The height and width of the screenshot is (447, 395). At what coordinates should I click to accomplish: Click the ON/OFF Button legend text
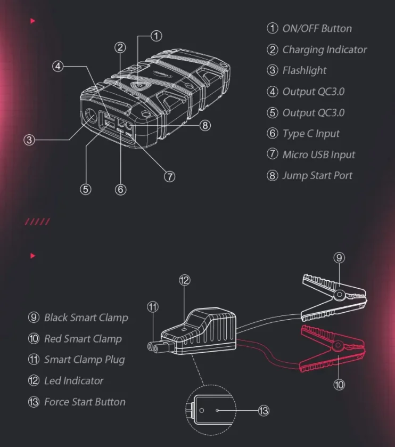(x=317, y=29)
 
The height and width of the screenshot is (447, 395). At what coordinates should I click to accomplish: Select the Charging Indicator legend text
(x=324, y=50)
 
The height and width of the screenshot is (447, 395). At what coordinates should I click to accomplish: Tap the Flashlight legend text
(x=304, y=71)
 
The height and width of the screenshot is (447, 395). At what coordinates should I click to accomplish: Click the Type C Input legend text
(x=310, y=134)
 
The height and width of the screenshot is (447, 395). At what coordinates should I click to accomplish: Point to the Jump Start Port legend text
(x=317, y=175)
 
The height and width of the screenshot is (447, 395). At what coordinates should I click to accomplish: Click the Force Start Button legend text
(x=85, y=402)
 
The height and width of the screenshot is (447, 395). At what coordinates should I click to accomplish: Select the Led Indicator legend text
(x=73, y=380)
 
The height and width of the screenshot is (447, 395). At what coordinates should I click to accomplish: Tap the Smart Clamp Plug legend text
(x=84, y=360)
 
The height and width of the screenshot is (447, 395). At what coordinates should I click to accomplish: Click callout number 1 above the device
(x=156, y=36)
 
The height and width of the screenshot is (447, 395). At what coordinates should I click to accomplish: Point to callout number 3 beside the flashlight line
(x=29, y=140)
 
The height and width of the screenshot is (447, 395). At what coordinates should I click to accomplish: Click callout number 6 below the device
(x=120, y=189)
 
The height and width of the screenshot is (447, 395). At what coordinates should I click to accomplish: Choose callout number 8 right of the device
(x=205, y=126)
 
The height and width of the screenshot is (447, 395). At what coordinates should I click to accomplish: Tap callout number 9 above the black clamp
(x=339, y=258)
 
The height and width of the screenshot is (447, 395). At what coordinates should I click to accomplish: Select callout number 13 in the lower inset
(x=264, y=410)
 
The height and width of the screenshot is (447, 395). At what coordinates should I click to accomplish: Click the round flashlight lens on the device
(x=90, y=117)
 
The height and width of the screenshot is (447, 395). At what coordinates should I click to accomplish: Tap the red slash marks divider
(x=38, y=222)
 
